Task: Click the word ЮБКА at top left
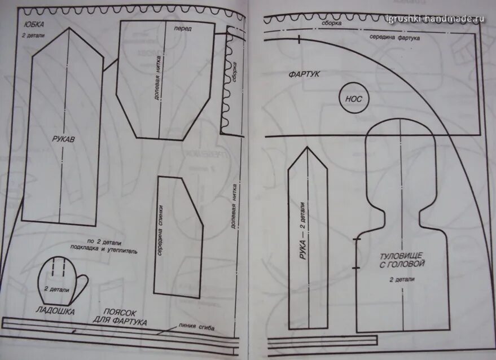coord(34,24)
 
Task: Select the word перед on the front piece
coord(182,28)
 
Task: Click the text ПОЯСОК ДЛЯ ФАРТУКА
coord(125,317)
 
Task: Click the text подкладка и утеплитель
coord(104,250)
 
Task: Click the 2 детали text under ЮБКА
coord(33,36)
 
